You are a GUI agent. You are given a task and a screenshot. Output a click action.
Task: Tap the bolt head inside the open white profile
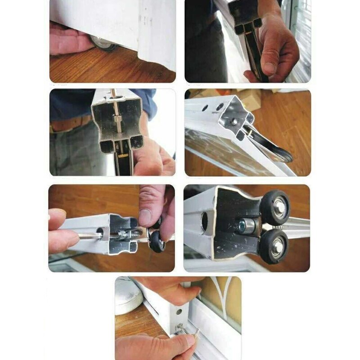[x=234, y=122]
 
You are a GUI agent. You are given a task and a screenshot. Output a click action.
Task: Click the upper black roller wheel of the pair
[x=275, y=207]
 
